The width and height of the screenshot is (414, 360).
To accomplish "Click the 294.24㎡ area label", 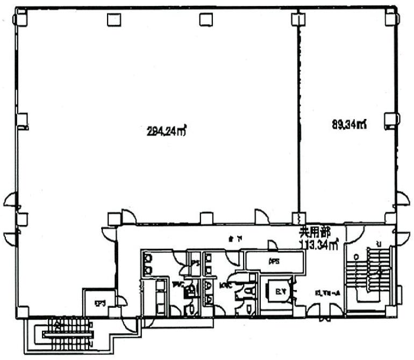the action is click(166, 130).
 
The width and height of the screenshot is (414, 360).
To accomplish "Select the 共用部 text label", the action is click(315, 233).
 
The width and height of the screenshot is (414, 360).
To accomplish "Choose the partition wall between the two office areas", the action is click(298, 118).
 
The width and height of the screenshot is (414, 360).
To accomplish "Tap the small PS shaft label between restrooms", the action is click(196, 263).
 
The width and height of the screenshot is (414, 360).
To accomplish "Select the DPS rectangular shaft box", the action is click(272, 260).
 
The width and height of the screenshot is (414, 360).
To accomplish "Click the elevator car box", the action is click(279, 292).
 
